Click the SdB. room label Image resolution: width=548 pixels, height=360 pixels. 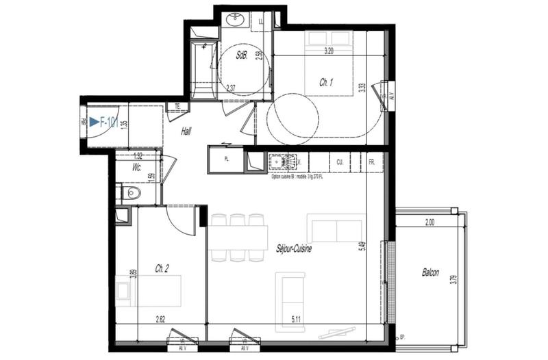(241, 55)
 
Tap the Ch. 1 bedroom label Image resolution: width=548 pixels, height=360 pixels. (326, 83)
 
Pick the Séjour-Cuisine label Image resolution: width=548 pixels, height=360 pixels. (294, 249)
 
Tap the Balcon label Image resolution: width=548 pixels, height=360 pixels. (431, 272)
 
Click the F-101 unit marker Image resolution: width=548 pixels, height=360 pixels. (103, 123)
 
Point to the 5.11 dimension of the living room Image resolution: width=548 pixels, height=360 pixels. (295, 318)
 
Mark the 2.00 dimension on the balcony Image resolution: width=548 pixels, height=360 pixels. (429, 222)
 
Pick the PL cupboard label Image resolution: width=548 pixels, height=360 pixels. (226, 160)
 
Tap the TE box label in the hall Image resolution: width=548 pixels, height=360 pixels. (177, 106)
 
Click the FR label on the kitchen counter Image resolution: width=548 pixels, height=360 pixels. (371, 162)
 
